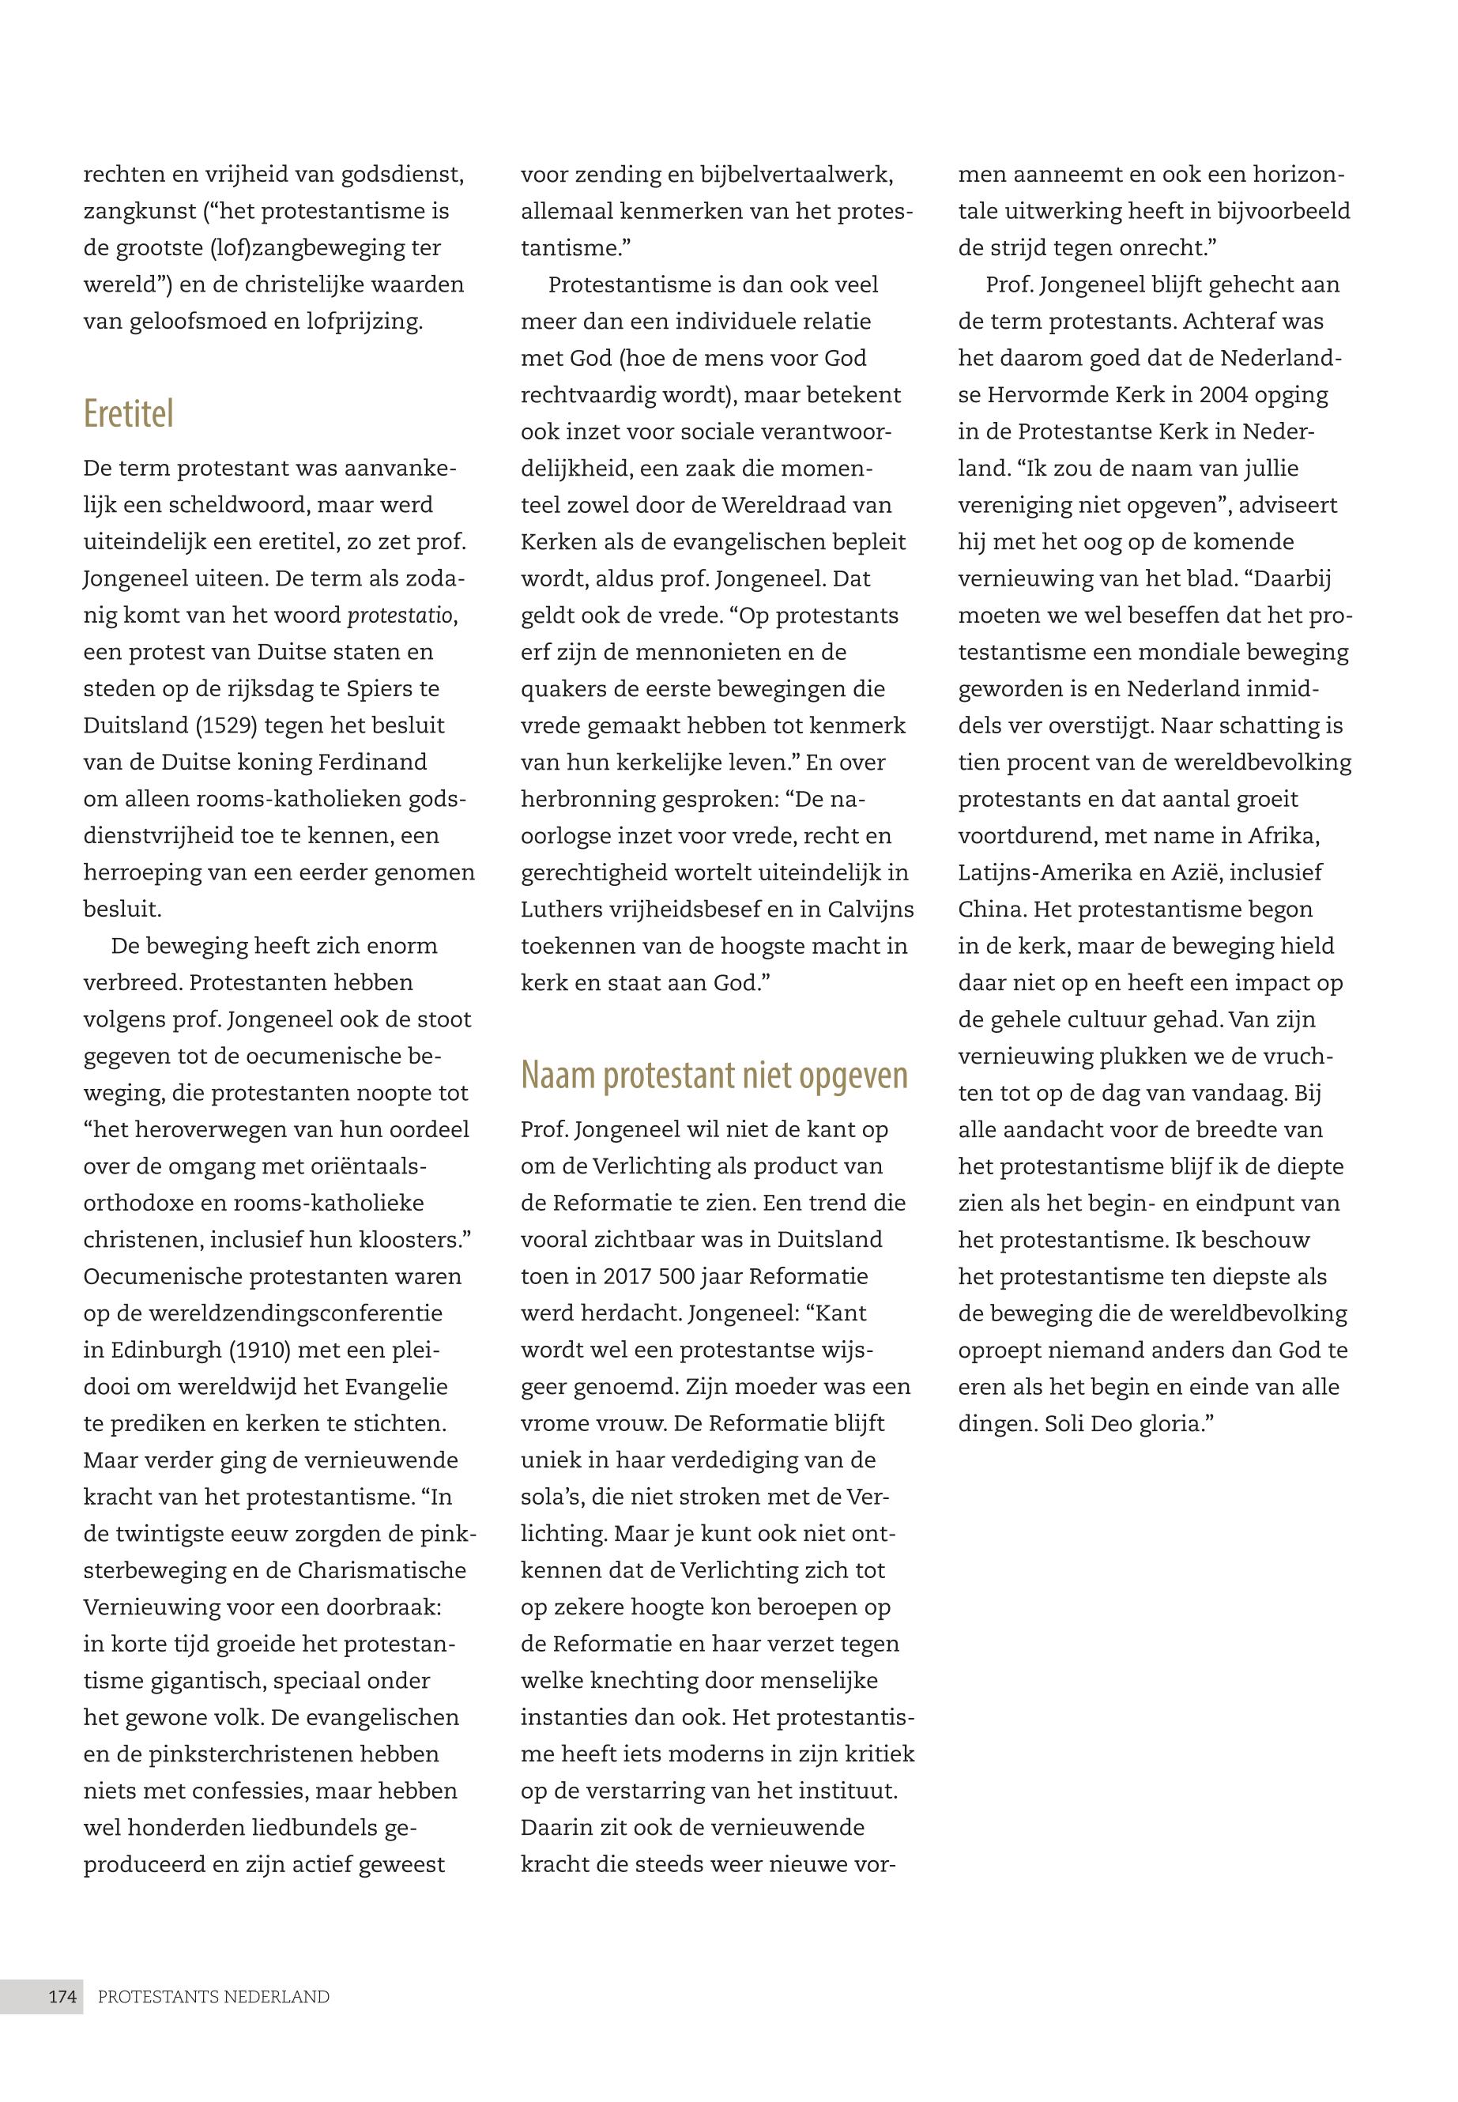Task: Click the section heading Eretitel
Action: click(128, 414)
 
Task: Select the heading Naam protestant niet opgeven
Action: click(714, 1075)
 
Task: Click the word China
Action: click(992, 909)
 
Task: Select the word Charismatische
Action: click(382, 1570)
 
